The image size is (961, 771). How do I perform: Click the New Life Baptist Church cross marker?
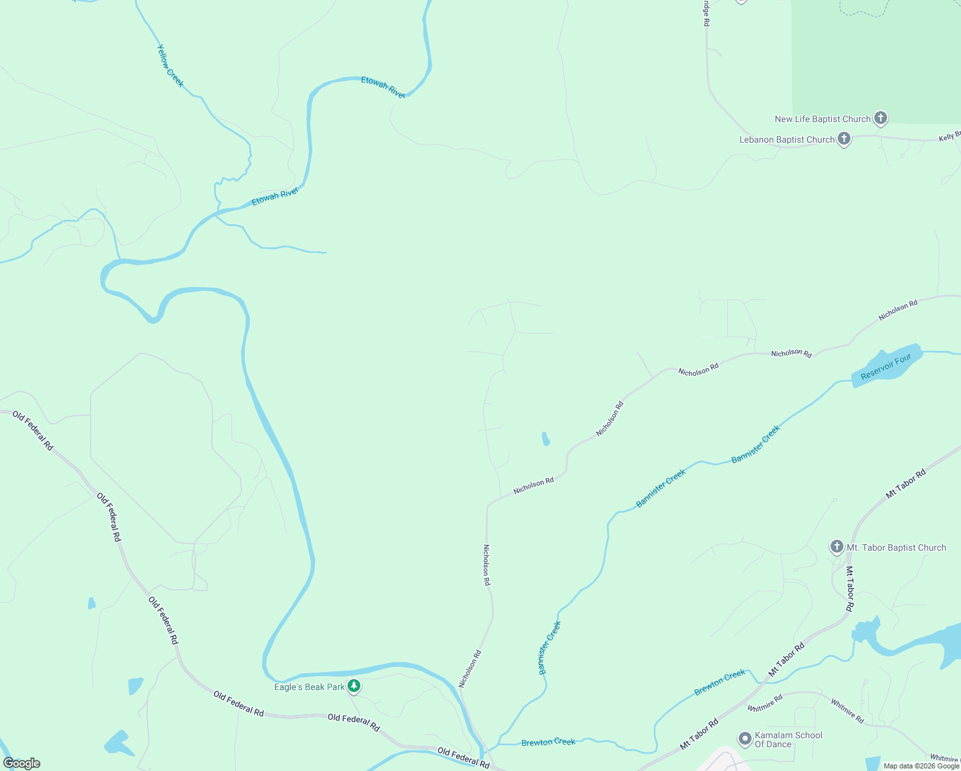click(881, 118)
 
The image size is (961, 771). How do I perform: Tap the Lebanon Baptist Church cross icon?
click(843, 138)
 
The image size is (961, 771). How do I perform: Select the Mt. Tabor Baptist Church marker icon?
click(836, 547)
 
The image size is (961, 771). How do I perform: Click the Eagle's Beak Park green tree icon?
click(353, 686)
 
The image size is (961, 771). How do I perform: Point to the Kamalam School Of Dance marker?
click(745, 739)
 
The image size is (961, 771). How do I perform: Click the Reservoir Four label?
click(886, 367)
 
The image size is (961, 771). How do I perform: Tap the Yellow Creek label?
click(170, 66)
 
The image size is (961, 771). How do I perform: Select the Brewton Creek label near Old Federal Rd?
click(548, 742)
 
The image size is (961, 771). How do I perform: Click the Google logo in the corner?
click(22, 763)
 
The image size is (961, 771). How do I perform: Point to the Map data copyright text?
click(921, 766)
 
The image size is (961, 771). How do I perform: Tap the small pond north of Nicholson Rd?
click(545, 439)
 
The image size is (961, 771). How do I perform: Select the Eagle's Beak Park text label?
click(310, 687)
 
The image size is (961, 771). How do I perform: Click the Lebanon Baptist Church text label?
click(786, 139)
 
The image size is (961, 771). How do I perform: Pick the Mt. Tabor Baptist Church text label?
click(896, 547)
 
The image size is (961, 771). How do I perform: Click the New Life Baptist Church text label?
click(822, 119)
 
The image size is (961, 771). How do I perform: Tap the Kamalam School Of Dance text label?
click(788, 740)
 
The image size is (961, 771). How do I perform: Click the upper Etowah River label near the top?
click(384, 87)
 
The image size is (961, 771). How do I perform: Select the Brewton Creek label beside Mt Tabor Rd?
click(719, 683)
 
